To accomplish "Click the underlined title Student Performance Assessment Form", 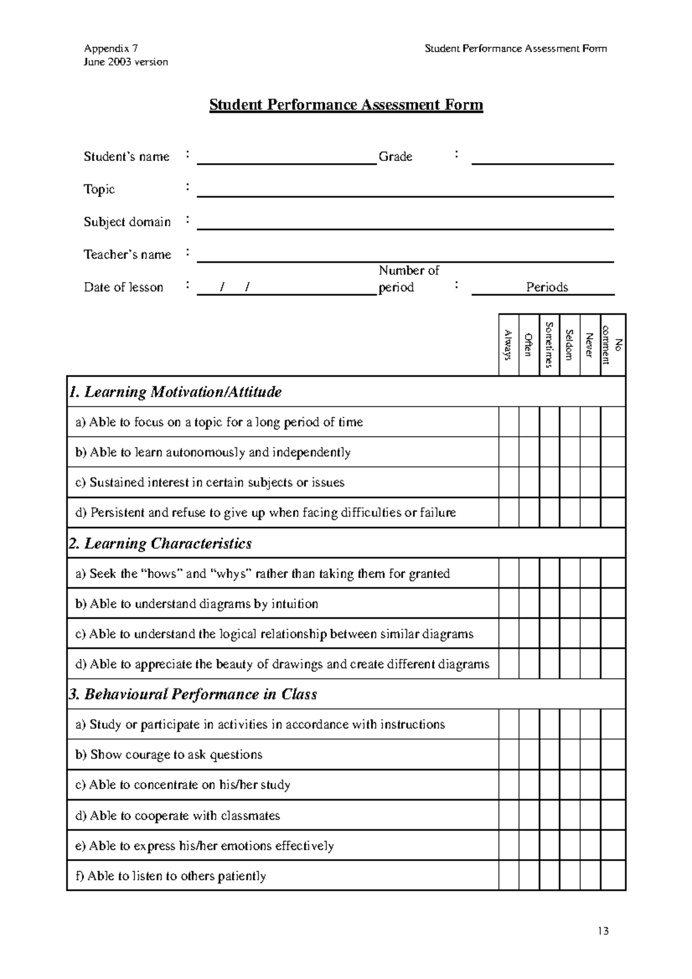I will pyautogui.click(x=345, y=105).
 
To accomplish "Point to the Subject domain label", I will pyautogui.click(x=127, y=222).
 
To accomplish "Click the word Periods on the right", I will pyautogui.click(x=547, y=287).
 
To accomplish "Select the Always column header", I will pyautogui.click(x=509, y=345).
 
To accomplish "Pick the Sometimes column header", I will pyautogui.click(x=549, y=345).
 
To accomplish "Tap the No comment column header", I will pyautogui.click(x=613, y=345).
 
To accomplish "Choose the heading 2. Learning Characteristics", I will pyautogui.click(x=160, y=543).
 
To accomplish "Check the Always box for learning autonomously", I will pyautogui.click(x=509, y=452).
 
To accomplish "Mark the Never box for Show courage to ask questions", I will pyautogui.click(x=590, y=754).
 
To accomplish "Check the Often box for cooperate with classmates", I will pyautogui.click(x=529, y=815).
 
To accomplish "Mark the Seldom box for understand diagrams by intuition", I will pyautogui.click(x=569, y=603).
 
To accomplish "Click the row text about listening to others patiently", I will pyautogui.click(x=171, y=876).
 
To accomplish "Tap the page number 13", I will pyautogui.click(x=603, y=931).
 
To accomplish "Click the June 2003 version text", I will pyautogui.click(x=126, y=62).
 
